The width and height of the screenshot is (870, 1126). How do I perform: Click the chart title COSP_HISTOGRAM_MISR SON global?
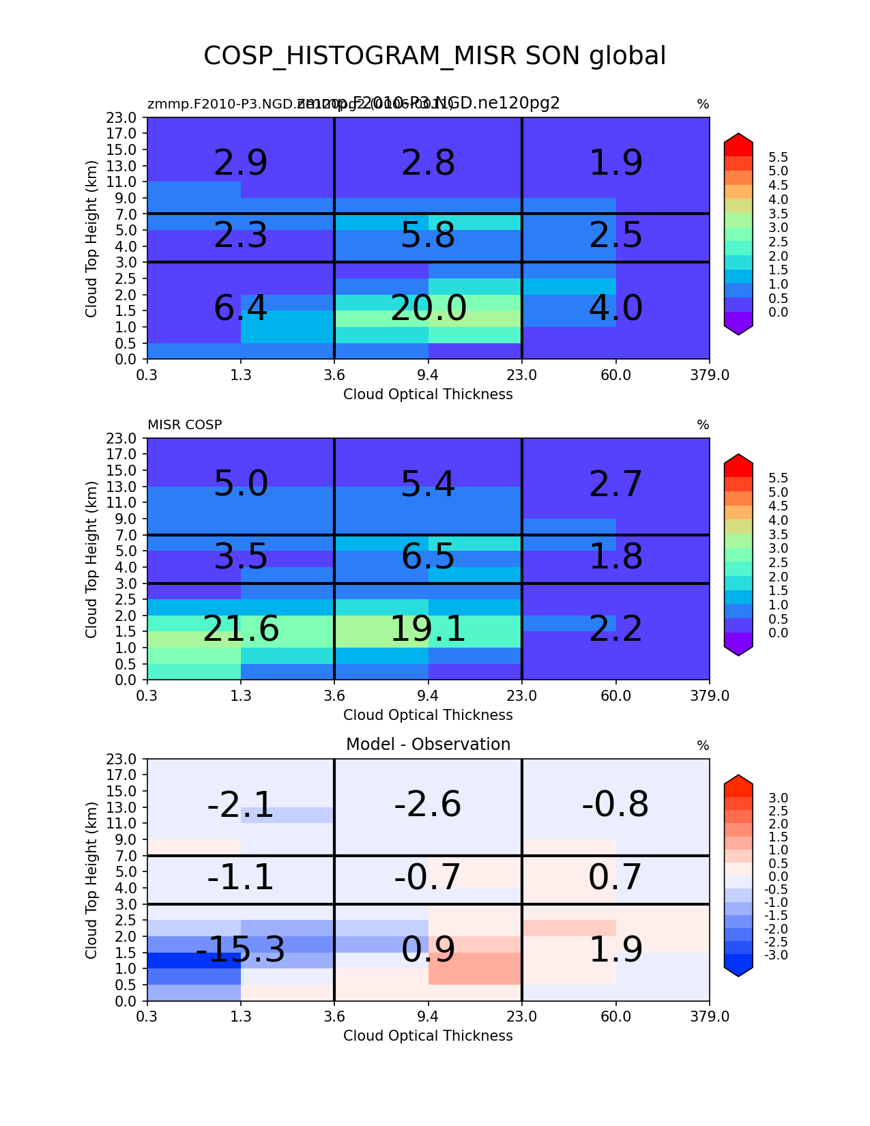coord(435,56)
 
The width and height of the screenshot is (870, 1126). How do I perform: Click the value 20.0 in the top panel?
coord(429,308)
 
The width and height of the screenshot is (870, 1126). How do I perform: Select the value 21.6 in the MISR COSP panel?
coord(241,629)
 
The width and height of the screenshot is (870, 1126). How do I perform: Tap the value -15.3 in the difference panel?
coord(240,950)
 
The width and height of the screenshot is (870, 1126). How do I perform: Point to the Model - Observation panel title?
coord(428,745)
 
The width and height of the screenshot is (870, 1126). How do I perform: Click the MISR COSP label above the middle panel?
coord(184,425)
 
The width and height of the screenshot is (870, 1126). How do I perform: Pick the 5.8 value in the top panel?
coord(428,236)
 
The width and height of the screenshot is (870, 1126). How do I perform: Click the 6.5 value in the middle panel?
coord(428,557)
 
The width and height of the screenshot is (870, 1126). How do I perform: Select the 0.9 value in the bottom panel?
coord(428,950)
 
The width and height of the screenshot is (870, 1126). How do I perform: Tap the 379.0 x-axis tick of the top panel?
coord(710,374)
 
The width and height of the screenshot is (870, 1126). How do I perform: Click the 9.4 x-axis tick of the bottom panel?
coord(428,1016)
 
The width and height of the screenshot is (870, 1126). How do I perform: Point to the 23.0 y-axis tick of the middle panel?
coord(126,438)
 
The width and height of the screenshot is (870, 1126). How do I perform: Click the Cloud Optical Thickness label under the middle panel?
coord(428,715)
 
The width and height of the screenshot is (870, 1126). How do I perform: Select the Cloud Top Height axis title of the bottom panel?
coord(91,880)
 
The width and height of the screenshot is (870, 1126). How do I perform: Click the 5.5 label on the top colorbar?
coord(778,158)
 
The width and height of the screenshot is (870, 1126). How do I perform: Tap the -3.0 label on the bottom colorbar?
coord(778,955)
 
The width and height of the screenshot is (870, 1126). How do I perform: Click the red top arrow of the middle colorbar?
coord(738,465)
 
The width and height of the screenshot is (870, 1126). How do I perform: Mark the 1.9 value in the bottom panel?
coord(615,950)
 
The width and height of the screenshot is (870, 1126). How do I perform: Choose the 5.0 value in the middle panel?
coord(241,485)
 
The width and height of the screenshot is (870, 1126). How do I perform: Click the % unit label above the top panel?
coord(703,104)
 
